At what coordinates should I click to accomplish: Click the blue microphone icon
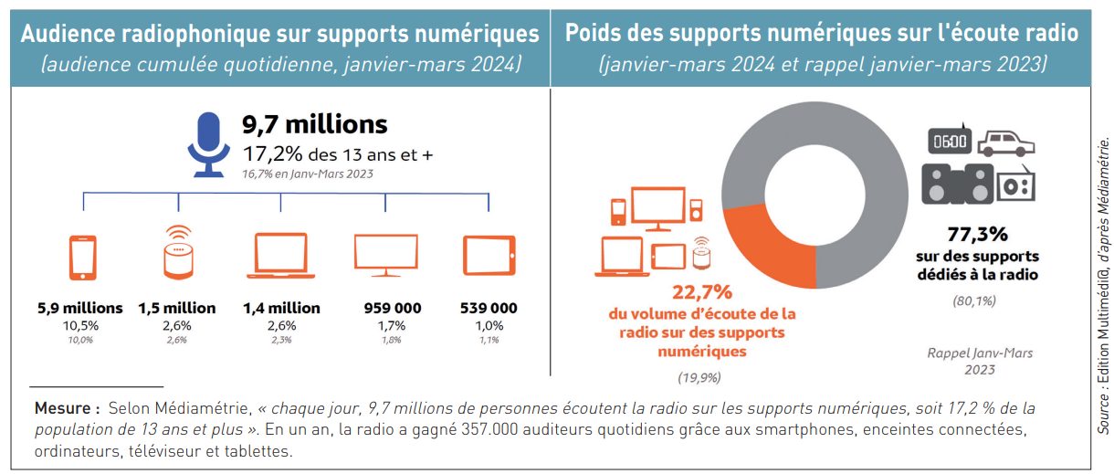click(x=209, y=143)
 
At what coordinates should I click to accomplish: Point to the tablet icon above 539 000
click(x=489, y=257)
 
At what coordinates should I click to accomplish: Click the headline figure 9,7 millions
click(x=314, y=124)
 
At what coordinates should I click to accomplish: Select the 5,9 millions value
click(x=80, y=308)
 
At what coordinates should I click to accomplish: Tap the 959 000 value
click(x=393, y=308)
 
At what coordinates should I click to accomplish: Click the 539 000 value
click(x=489, y=308)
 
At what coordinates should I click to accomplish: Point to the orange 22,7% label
click(x=702, y=292)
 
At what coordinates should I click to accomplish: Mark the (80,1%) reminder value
click(x=973, y=300)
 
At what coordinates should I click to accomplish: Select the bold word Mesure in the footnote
click(x=67, y=407)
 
